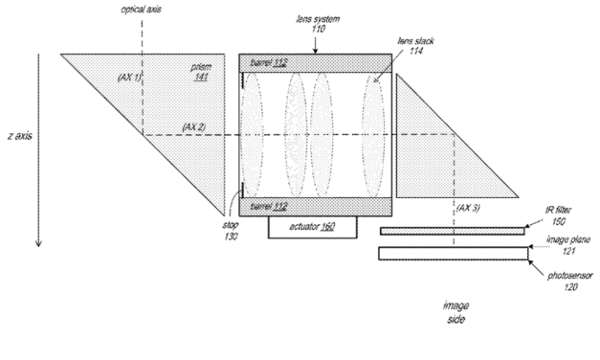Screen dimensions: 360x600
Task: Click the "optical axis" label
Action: (x=140, y=10)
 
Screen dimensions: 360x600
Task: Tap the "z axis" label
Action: (x=18, y=137)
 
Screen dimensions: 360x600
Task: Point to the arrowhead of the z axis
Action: (x=38, y=243)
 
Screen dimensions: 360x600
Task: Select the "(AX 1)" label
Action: (x=129, y=76)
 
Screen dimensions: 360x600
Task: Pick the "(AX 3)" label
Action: (x=470, y=208)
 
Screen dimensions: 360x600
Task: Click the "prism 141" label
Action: (x=204, y=74)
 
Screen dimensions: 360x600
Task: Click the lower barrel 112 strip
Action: (x=315, y=206)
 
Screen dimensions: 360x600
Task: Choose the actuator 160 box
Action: (x=314, y=227)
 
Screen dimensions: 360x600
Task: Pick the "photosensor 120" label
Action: (x=567, y=281)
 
